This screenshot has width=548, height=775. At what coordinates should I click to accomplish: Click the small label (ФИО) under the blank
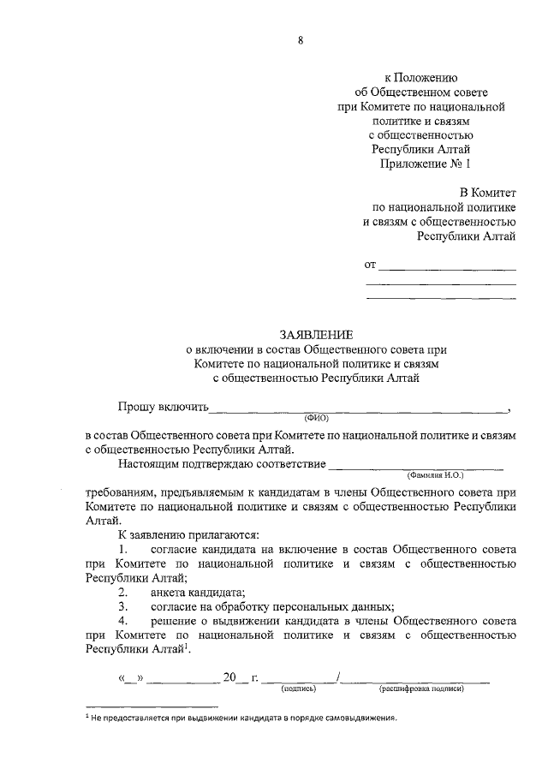click(316, 418)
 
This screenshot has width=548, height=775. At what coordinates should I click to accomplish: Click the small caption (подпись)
click(299, 688)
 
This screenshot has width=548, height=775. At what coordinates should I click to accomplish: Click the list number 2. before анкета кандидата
click(123, 592)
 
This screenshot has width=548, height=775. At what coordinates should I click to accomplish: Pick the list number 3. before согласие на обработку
click(123, 606)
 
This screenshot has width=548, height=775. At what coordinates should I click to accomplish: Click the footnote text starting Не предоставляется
click(245, 718)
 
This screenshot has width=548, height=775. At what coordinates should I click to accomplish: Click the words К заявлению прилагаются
click(182, 535)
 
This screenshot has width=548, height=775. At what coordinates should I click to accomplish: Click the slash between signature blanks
click(340, 677)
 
